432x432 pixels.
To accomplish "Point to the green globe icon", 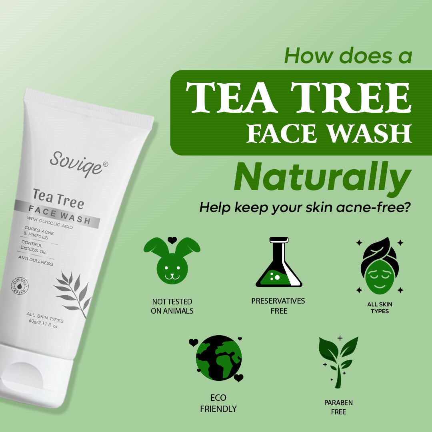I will tap(218, 358).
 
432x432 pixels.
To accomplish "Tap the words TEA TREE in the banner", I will tap(298, 98).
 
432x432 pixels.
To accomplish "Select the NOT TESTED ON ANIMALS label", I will tap(172, 306).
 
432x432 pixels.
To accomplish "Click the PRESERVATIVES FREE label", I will tap(278, 306).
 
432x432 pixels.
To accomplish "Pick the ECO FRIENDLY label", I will tap(218, 403).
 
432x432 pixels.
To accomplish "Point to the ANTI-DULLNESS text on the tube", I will tap(36, 260).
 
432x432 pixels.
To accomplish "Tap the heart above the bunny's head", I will tap(172, 240).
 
